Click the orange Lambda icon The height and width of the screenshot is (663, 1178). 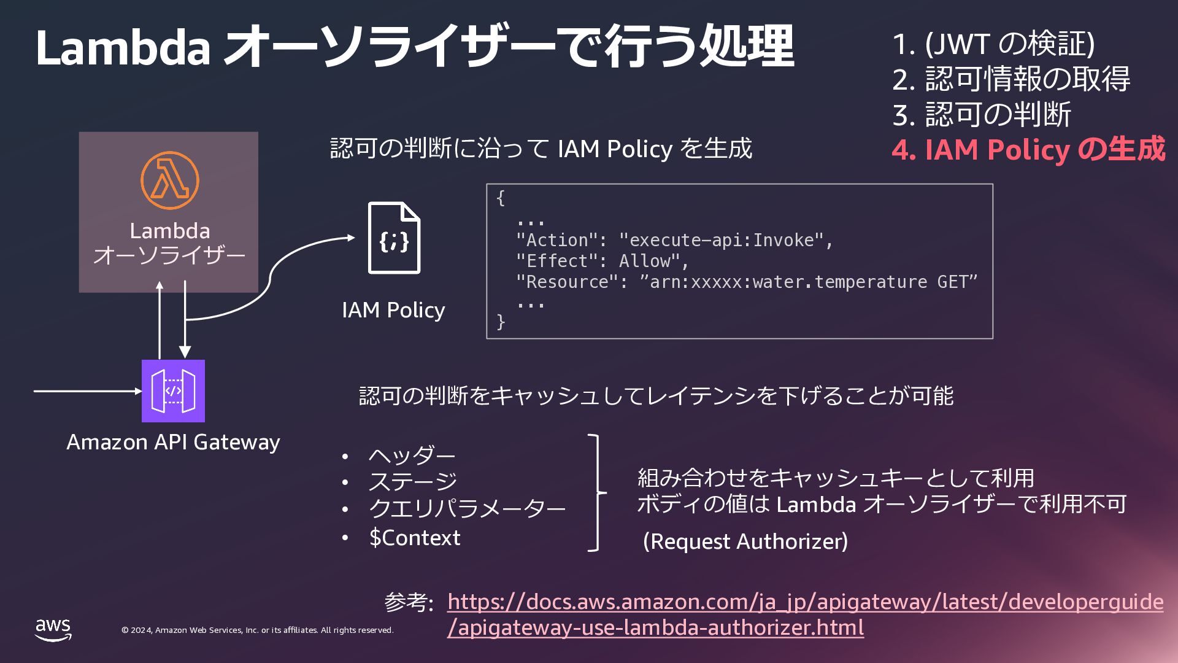170,180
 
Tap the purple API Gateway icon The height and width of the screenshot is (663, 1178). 173,391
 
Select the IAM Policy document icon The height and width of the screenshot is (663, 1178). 394,238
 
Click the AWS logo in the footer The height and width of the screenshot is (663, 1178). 53,629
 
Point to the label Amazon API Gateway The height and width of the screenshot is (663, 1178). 173,442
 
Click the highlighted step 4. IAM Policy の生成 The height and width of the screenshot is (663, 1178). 1028,150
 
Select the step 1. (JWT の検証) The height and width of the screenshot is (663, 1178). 993,44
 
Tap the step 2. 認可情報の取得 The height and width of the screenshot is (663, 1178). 1011,79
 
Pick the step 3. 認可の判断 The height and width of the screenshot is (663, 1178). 982,115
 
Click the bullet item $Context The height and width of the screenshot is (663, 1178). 415,538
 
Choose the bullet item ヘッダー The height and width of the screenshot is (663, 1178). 412,456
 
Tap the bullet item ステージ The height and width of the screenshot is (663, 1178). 413,482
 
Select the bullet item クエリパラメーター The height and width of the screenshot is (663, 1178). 466,509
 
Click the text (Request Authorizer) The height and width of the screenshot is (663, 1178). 745,541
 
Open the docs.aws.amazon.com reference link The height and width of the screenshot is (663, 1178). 805,602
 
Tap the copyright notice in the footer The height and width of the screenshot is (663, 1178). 258,630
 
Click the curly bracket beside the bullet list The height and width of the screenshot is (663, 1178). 596,493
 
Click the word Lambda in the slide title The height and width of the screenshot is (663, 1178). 123,47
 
